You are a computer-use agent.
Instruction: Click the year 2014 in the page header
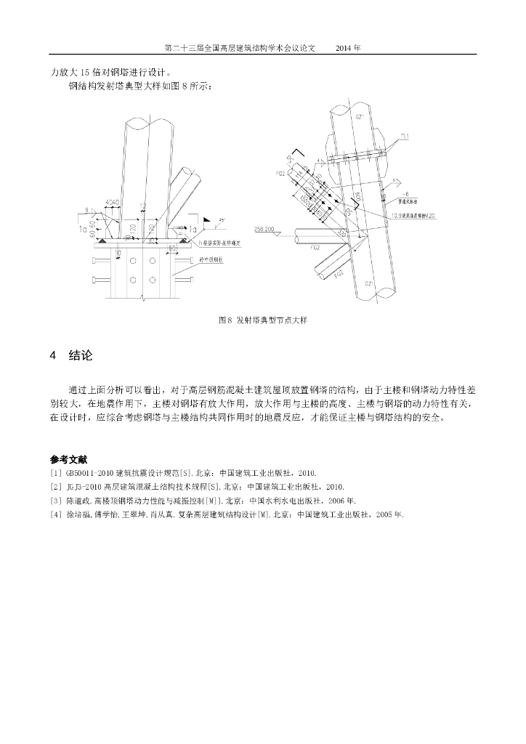[344, 48]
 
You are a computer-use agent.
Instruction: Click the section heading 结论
[81, 355]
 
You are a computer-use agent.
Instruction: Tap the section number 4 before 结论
[53, 355]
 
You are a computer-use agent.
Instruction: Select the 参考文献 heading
[68, 459]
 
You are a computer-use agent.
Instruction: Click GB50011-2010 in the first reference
[92, 473]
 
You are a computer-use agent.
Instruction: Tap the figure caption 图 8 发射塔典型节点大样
[262, 320]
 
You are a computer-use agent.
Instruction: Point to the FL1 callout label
[405, 137]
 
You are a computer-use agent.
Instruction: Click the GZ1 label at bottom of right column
[369, 284]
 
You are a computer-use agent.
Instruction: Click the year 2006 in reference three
[333, 501]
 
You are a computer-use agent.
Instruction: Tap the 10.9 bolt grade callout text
[412, 215]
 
